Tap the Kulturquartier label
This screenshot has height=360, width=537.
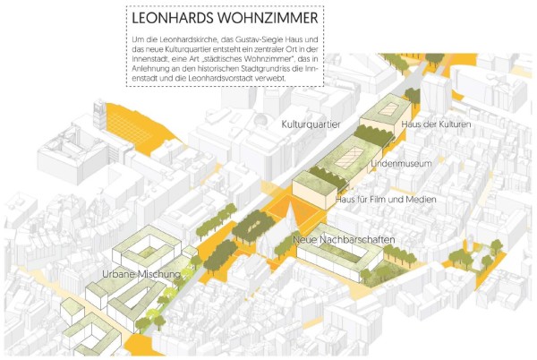311,124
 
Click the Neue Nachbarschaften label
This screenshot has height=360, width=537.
344,241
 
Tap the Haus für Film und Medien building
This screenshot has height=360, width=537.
312,192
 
